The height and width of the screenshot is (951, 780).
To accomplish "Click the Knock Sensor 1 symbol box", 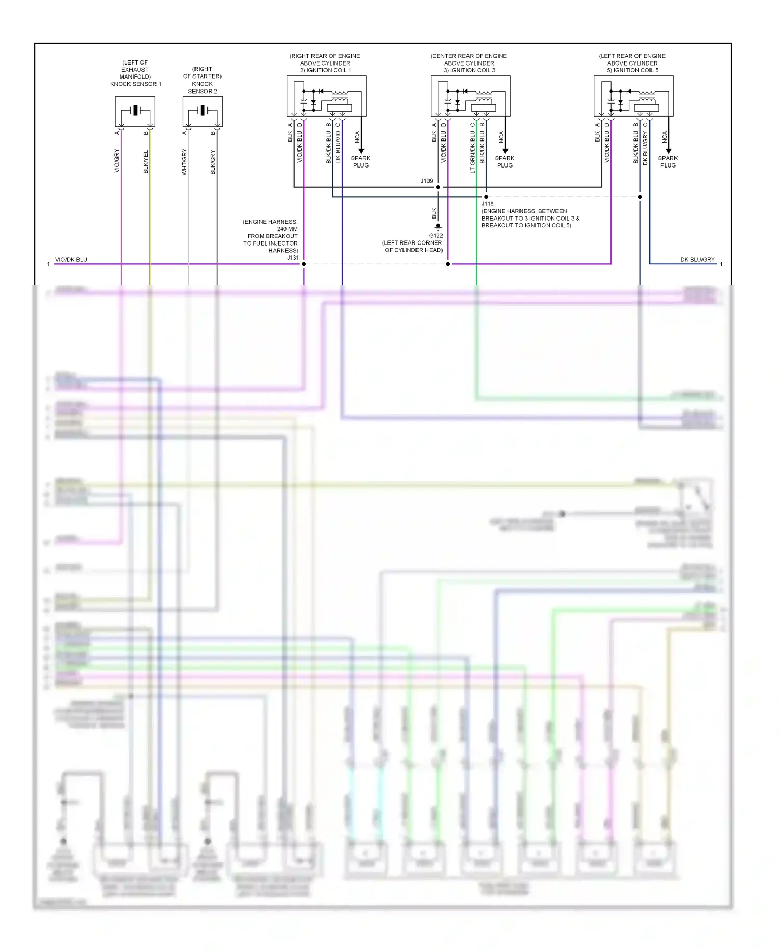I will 135,111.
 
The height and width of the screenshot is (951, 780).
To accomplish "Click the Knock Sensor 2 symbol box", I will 202,111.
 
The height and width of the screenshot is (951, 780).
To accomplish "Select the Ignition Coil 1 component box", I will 326,96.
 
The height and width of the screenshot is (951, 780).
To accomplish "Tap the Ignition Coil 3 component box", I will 470,96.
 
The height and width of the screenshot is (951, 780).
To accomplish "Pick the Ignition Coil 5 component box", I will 633,96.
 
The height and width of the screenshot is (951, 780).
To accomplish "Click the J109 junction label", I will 426,181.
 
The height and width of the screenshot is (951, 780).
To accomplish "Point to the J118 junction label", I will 487,204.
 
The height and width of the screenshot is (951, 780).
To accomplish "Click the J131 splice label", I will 293,258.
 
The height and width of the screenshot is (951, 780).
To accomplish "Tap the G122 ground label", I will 436,236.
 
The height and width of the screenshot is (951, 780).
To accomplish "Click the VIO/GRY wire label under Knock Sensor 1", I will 117,161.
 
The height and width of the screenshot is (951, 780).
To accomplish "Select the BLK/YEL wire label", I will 146,162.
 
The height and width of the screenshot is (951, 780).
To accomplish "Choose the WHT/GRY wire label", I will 184,162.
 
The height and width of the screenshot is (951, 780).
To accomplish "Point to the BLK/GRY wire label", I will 213,162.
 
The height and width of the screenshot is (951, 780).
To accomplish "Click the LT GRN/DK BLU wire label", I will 473,152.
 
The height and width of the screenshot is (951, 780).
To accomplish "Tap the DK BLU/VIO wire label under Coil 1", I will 338,147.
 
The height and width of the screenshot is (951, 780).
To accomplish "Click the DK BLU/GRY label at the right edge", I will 697,259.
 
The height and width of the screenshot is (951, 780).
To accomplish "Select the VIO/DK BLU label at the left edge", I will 71,259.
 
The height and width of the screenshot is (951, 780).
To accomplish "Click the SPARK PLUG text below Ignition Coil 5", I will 668,161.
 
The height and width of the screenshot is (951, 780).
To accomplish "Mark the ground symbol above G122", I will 438,227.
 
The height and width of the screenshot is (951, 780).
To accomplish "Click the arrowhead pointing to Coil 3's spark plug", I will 505,151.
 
